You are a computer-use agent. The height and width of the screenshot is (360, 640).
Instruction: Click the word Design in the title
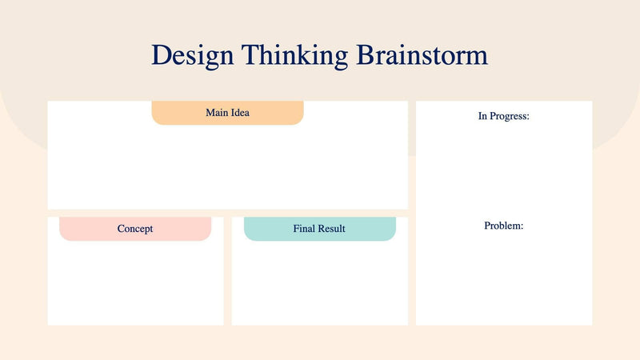pyautogui.click(x=192, y=55)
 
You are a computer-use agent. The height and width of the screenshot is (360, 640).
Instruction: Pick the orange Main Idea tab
pyautogui.click(x=227, y=113)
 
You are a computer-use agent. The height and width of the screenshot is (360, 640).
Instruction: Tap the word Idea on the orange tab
pyautogui.click(x=240, y=113)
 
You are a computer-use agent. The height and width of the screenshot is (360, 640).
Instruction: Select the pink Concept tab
pyautogui.click(x=135, y=229)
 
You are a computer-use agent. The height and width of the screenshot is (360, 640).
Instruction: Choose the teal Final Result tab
pyautogui.click(x=319, y=229)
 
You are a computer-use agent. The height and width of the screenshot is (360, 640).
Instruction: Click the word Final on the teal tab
pyautogui.click(x=304, y=229)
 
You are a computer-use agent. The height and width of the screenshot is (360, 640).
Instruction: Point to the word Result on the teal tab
pyautogui.click(x=331, y=229)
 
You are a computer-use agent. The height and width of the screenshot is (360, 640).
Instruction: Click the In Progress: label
pyautogui.click(x=503, y=116)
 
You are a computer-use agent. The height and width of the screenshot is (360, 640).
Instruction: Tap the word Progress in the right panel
pyautogui.click(x=510, y=116)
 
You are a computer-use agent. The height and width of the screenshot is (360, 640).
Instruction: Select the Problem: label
pyautogui.click(x=503, y=226)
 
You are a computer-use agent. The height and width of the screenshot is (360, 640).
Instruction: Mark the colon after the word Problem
pyautogui.click(x=522, y=226)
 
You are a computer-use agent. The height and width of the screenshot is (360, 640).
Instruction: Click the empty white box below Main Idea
pyautogui.click(x=227, y=168)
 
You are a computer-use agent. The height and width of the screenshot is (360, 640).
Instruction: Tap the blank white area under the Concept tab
pyautogui.click(x=135, y=284)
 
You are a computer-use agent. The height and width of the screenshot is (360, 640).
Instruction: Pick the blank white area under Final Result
pyautogui.click(x=319, y=284)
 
